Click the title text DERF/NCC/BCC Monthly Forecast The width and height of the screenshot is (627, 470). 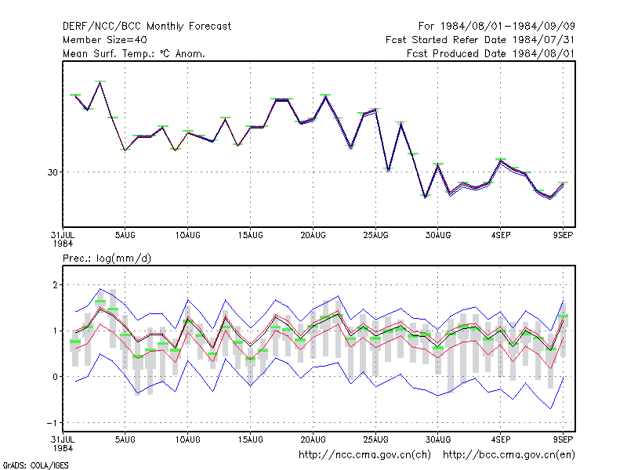(x=147, y=27)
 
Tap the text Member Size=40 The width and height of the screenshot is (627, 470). (x=105, y=40)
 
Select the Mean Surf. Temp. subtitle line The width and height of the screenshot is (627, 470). (x=133, y=53)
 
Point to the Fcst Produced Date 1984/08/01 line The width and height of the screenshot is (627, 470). (x=491, y=53)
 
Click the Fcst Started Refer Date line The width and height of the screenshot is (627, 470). (x=480, y=40)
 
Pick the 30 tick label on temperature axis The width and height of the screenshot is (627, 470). (x=53, y=172)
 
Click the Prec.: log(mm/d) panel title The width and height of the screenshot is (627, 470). (x=107, y=258)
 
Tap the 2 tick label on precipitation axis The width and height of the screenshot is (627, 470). (x=55, y=285)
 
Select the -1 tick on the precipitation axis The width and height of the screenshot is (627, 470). (x=52, y=423)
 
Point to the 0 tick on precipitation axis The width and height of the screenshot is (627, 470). (x=55, y=377)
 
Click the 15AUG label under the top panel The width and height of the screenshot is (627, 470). (x=250, y=236)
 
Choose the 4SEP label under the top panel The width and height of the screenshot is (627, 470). (x=501, y=236)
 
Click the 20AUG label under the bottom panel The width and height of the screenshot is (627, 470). (x=313, y=439)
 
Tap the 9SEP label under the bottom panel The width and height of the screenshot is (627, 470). (x=563, y=439)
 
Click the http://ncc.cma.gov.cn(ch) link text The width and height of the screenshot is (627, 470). (x=364, y=455)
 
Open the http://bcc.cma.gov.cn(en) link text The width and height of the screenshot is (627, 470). (x=509, y=455)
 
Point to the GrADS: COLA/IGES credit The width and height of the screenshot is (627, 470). (x=35, y=465)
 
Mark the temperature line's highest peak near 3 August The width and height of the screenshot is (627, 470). (x=100, y=82)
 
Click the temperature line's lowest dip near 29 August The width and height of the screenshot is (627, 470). (x=426, y=197)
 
